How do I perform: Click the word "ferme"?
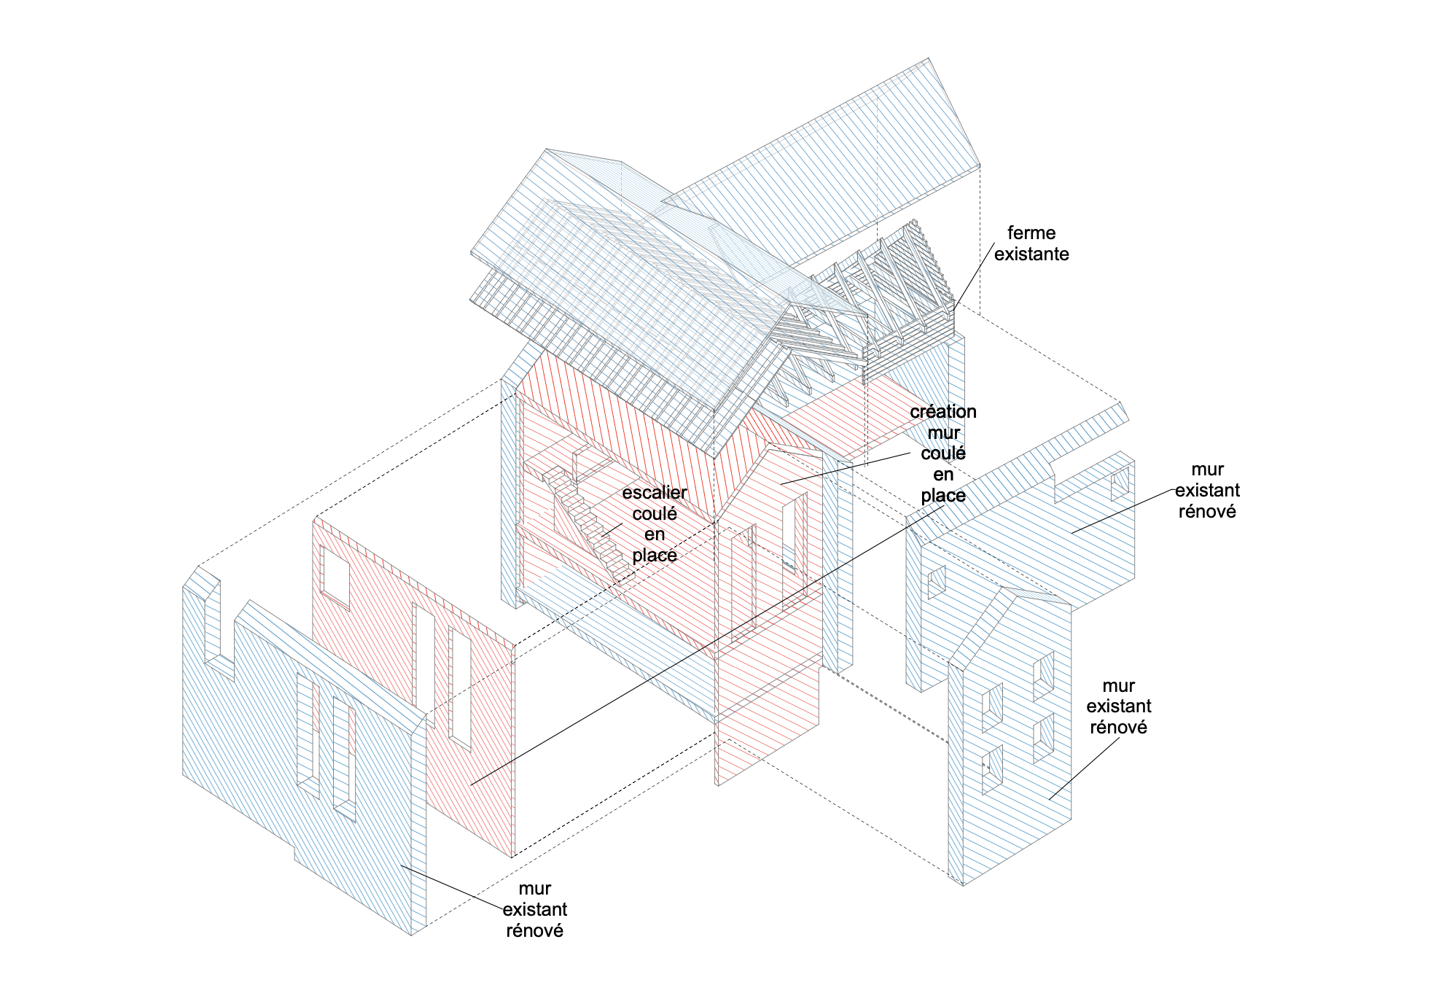coord(1031,233)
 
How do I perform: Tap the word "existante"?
coord(1031,254)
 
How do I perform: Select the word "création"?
coord(942,412)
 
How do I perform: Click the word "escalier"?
coord(654,493)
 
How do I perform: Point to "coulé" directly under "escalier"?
coord(654,514)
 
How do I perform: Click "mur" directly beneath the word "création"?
coord(942,433)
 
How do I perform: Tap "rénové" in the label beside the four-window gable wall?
coord(1117,728)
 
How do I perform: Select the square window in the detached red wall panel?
coord(335,572)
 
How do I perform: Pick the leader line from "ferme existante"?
coord(973,278)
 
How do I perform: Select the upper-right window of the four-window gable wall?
coord(1044,674)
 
